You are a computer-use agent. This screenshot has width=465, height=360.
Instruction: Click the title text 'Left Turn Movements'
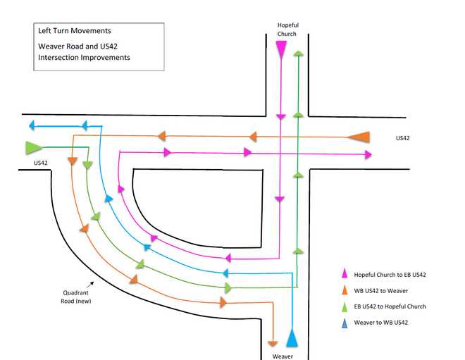click(74, 31)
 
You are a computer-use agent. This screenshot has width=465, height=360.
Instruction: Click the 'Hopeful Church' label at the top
click(287, 29)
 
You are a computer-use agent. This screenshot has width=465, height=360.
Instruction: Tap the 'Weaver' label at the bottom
click(283, 356)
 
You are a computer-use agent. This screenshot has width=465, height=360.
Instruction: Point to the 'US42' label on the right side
click(403, 138)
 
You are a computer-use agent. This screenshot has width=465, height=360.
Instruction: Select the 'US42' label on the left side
click(41, 163)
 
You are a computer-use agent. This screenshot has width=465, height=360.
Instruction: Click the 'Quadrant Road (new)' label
click(76, 297)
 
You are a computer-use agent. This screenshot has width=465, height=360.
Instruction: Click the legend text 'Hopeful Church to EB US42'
click(390, 275)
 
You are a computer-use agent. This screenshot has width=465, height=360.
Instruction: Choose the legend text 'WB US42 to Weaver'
click(380, 290)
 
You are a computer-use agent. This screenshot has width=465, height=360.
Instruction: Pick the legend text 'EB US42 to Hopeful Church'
click(390, 306)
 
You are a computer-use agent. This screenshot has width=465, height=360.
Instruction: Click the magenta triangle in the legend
click(345, 275)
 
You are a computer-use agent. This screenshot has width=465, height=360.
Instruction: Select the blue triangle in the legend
click(345, 323)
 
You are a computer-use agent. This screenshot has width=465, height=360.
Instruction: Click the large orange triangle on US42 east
click(360, 136)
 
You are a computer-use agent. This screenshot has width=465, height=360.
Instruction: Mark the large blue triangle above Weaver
click(292, 338)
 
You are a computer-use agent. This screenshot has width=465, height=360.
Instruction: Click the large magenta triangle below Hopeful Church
click(281, 49)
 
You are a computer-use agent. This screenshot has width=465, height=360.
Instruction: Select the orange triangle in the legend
click(345, 290)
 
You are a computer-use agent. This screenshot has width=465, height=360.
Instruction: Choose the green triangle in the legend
click(345, 306)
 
